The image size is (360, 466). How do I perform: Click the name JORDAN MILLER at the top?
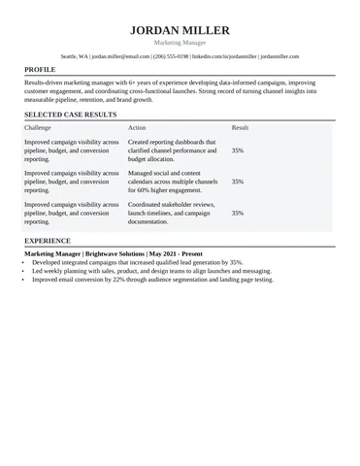pos(180,30)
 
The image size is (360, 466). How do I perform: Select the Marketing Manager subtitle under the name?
pos(180,44)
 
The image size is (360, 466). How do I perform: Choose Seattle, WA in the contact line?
pos(74,57)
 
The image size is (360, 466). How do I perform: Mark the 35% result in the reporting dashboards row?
pos(238,150)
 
